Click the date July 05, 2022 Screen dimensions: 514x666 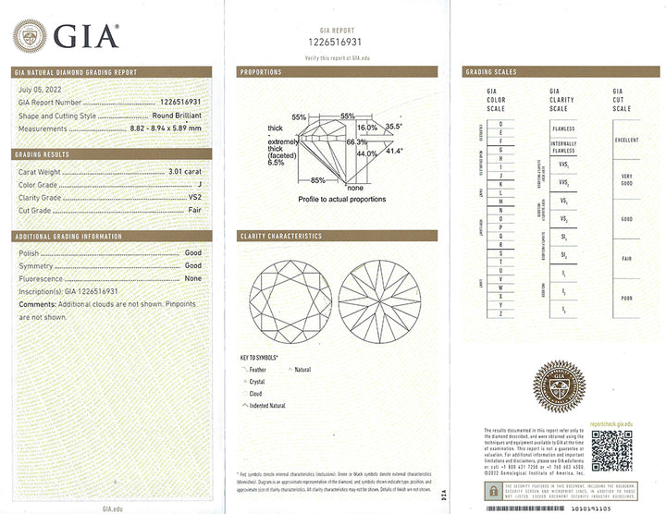(39, 91)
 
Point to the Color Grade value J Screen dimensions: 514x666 (199, 185)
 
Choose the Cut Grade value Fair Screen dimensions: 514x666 (192, 210)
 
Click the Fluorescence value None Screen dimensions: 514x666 (192, 278)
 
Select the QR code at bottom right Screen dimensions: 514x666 (610, 450)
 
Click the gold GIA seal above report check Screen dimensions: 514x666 (557, 385)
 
